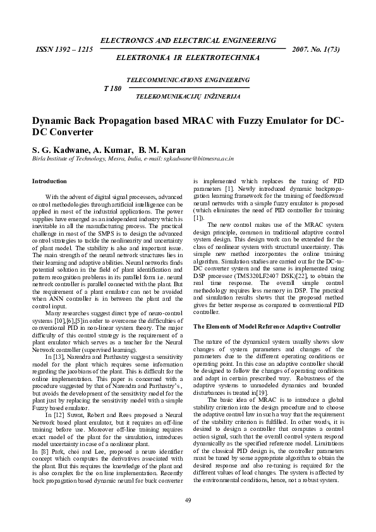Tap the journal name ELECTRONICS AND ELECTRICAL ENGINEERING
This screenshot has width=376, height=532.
coord(188,40)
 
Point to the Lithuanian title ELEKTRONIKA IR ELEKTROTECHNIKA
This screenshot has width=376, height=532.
coord(188,57)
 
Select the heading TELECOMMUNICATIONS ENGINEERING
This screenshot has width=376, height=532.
coord(188,81)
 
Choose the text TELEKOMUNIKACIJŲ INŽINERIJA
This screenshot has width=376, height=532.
coord(188,97)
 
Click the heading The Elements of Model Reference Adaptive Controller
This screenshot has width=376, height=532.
coord(267,326)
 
